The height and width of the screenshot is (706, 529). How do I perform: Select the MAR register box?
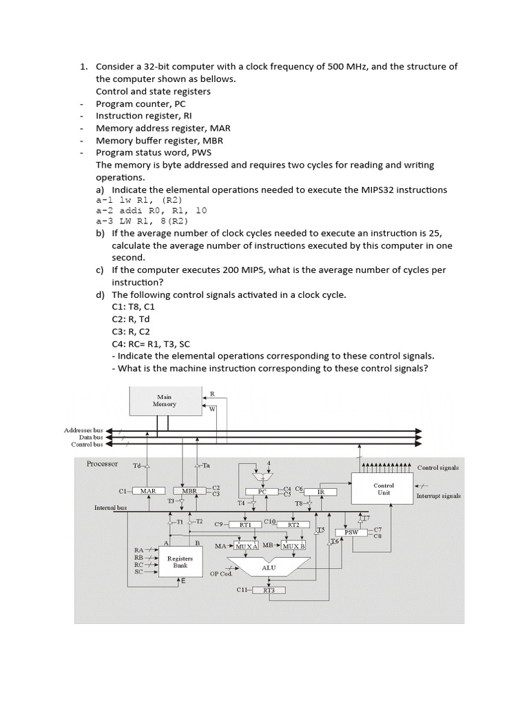click(x=147, y=491)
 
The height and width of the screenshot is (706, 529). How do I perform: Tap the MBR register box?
click(x=190, y=491)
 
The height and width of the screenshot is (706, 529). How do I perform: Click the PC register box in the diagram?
click(x=262, y=492)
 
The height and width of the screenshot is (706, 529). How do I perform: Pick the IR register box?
click(x=320, y=492)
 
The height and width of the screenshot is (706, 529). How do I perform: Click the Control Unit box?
click(x=383, y=489)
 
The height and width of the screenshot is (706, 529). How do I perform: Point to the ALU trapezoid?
click(x=269, y=567)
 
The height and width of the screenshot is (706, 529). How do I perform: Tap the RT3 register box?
click(x=269, y=590)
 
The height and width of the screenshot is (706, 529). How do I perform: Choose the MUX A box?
click(x=246, y=546)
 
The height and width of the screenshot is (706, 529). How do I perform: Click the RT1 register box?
click(x=245, y=525)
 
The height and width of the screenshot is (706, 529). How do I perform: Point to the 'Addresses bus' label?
click(x=83, y=430)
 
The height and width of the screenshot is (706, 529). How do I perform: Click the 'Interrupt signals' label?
click(x=439, y=495)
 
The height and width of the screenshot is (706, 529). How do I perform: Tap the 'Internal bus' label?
click(x=111, y=507)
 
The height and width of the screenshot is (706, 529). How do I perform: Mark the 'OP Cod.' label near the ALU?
click(x=221, y=573)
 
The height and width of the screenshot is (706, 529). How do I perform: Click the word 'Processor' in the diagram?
click(x=103, y=464)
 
